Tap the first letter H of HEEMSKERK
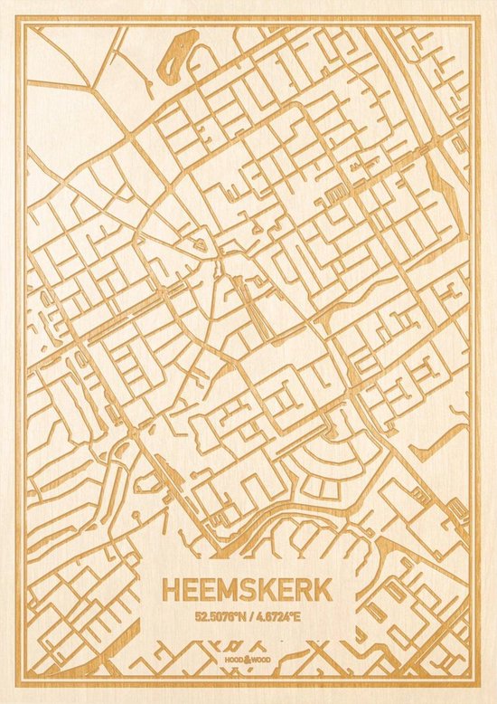click(x=171, y=589)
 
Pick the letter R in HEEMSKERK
click(x=299, y=589)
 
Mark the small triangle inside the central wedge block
click(x=202, y=244)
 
